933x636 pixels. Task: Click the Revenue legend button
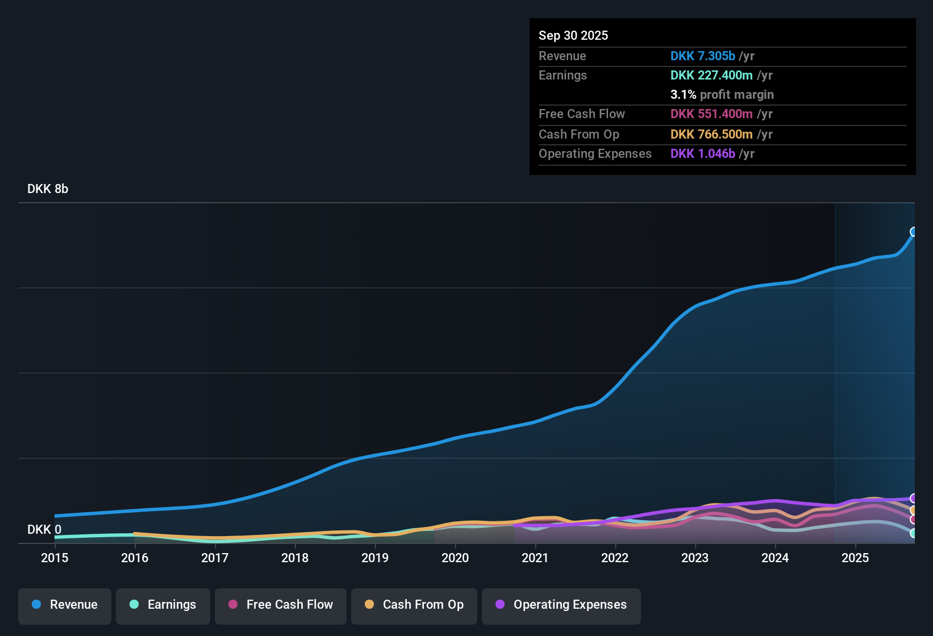(65, 605)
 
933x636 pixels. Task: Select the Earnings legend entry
(163, 605)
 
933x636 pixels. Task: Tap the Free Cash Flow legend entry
(281, 605)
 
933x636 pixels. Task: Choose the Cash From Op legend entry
(414, 605)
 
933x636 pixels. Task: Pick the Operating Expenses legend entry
(561, 605)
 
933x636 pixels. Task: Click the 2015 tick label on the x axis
(55, 558)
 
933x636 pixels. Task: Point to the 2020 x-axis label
(455, 558)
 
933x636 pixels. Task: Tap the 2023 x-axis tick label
(695, 558)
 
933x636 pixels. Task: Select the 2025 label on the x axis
(855, 558)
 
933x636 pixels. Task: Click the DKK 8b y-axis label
(48, 189)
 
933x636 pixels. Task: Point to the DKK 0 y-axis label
(44, 529)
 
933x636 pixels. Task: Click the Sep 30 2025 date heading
(573, 35)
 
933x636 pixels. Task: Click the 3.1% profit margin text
(722, 94)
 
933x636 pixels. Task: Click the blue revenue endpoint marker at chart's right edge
(914, 232)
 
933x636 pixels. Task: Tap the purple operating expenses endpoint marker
(914, 499)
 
